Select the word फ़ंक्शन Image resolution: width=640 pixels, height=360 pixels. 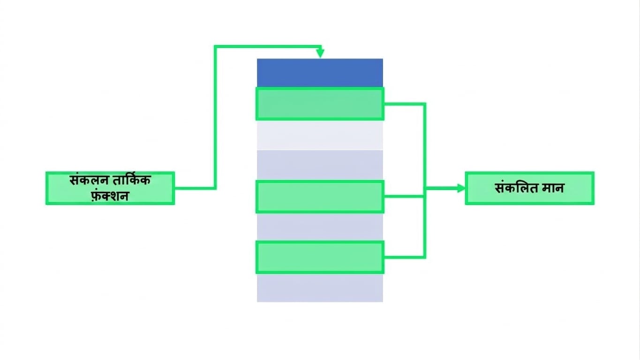pos(110,196)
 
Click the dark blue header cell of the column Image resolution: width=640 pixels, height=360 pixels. pos(320,73)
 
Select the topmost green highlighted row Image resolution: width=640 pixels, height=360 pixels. pos(320,104)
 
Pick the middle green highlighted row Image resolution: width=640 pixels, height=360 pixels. pos(320,196)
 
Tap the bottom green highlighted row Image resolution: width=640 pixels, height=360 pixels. pos(320,257)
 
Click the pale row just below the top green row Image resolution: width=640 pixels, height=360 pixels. pos(320,135)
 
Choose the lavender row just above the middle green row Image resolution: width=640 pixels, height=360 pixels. pos(320,165)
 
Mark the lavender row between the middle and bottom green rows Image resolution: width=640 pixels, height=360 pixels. pos(320,227)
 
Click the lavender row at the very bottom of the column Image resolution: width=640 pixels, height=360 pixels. pos(320,288)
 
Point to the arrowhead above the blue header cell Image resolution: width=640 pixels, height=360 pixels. pos(320,53)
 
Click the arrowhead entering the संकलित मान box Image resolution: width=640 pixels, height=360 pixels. pos(461,188)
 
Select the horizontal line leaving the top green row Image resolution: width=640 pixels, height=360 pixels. pos(405,104)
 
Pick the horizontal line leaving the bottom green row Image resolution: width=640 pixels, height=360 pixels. pos(405,257)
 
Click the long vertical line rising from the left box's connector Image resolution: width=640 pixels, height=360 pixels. pos(215,117)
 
